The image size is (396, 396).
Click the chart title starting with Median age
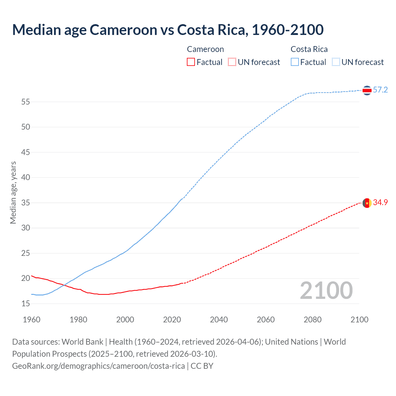coord(168,30)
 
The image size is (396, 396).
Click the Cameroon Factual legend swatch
coord(191,62)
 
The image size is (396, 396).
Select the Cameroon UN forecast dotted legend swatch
coord(232,62)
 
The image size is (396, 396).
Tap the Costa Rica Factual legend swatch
coord(295,62)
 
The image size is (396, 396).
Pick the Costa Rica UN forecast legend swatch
coord(336,62)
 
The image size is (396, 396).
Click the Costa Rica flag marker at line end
coord(367,90)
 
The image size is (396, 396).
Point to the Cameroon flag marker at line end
coord(367,203)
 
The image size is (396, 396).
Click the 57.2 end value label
coord(380,90)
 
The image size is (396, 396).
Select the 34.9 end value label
coord(380,203)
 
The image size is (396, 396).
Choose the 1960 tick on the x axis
coord(32,320)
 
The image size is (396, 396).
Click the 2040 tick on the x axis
coord(219,320)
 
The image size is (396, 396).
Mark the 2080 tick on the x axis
coord(312,320)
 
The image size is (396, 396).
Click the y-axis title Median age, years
coord(13,192)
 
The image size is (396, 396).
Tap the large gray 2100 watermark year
coord(326,291)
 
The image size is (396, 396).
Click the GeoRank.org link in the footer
coord(98,366)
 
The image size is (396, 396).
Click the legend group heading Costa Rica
coord(309,49)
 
